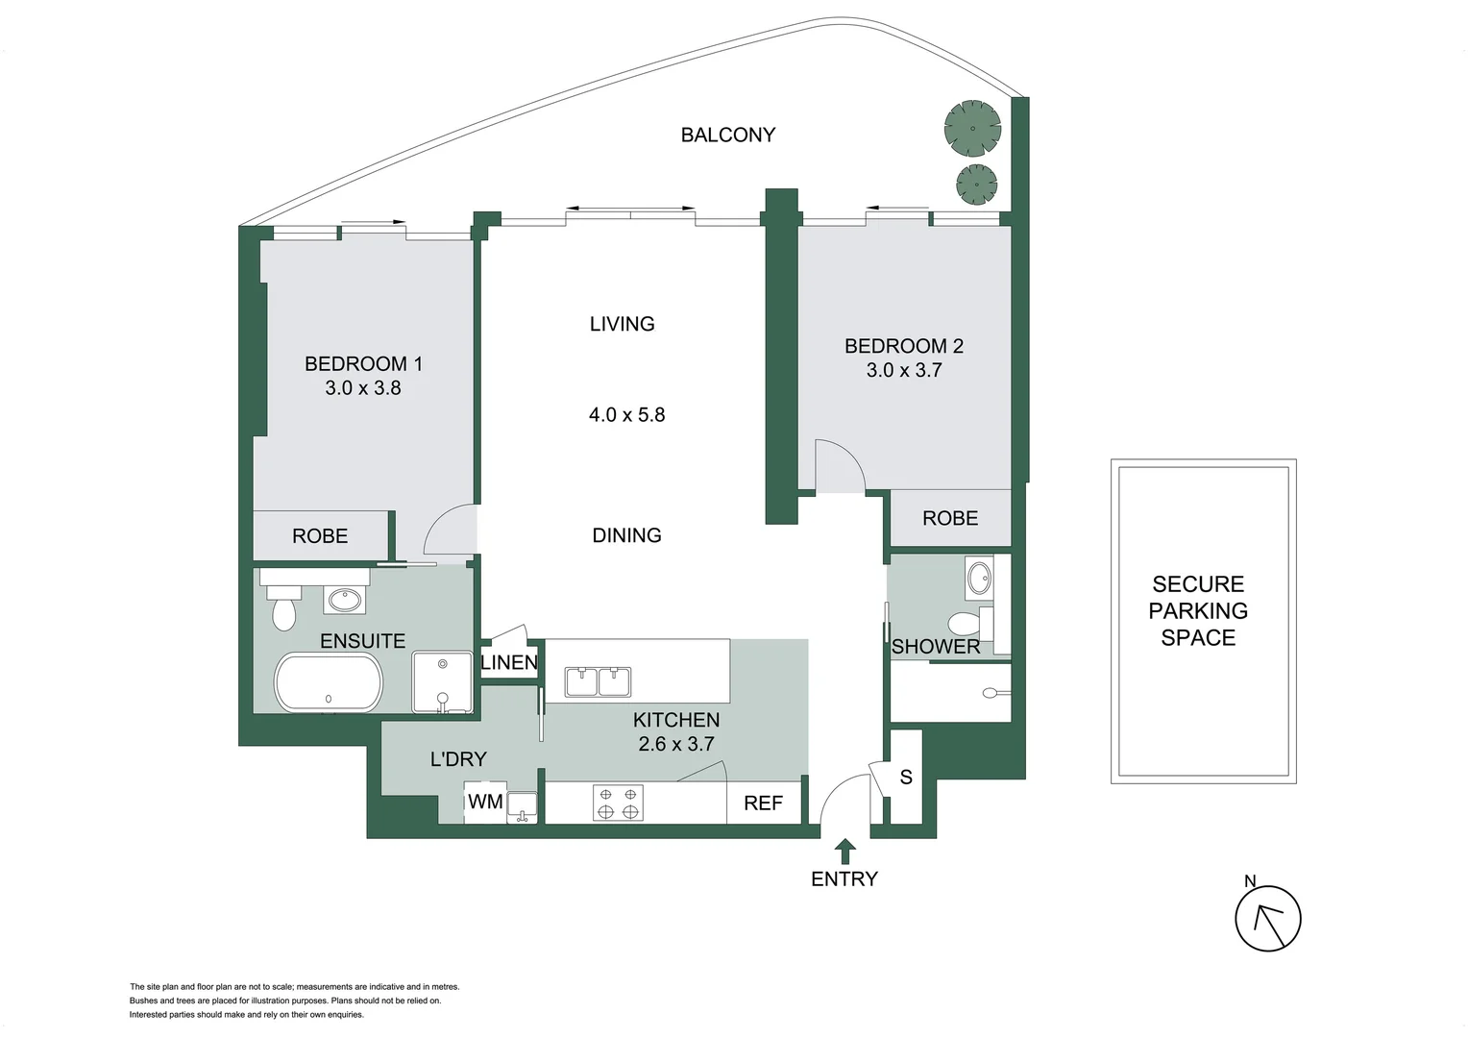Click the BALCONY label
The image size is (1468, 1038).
point(727,136)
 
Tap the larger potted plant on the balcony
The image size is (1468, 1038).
point(972,129)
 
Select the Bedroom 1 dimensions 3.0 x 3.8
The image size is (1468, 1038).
point(362,388)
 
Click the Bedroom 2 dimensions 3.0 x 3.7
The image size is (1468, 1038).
point(903,370)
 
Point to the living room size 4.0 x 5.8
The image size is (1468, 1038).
point(626,415)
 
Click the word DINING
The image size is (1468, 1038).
point(626,535)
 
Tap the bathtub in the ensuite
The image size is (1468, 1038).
point(329,681)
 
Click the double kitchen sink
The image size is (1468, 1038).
point(598,681)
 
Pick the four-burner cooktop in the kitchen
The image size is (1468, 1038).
point(618,803)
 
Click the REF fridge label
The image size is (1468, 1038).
point(763,803)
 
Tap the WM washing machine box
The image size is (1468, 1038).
point(484,803)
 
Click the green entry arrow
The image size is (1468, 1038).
point(845,851)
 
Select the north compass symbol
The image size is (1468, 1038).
point(1267,918)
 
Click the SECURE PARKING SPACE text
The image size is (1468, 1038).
point(1198,611)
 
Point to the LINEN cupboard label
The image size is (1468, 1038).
point(508,663)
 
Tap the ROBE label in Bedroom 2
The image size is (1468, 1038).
point(949,519)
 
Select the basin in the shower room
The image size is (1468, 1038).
point(979,579)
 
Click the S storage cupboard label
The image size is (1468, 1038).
point(905,778)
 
